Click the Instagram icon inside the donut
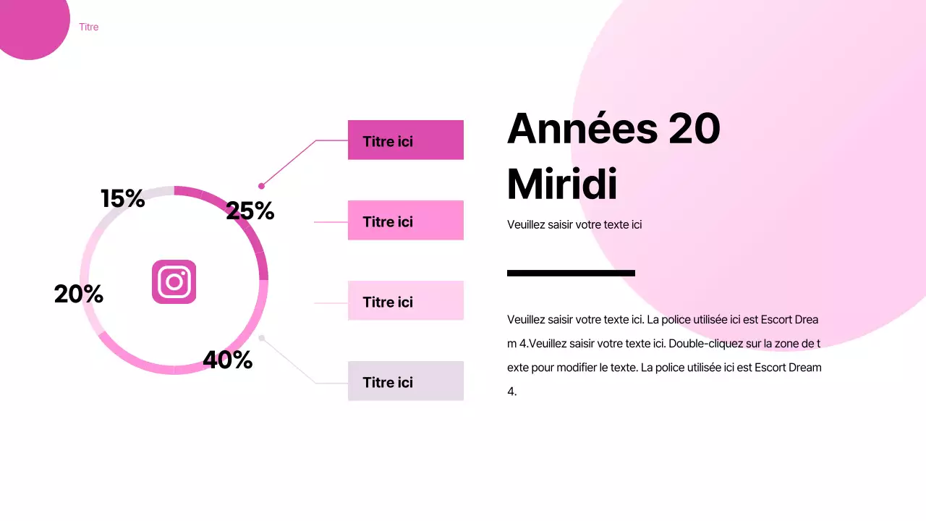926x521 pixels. click(x=174, y=281)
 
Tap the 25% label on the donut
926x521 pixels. click(x=250, y=211)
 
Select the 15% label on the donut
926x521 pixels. click(x=123, y=198)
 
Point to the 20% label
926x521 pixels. click(x=79, y=294)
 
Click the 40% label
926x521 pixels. click(x=227, y=360)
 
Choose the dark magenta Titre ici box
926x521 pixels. click(x=405, y=140)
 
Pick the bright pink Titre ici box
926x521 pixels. click(x=405, y=220)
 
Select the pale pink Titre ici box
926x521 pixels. click(x=405, y=300)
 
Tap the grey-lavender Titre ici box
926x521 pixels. click(x=405, y=381)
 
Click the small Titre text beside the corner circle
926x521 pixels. click(x=89, y=27)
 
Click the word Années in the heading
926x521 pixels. click(x=582, y=129)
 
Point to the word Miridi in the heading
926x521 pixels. click(x=562, y=185)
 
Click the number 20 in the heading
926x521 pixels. click(x=694, y=129)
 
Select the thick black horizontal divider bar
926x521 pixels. click(x=571, y=273)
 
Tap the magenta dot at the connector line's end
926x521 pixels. click(x=261, y=186)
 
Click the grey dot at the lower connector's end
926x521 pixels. click(x=261, y=338)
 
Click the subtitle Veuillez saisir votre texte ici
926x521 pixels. click(x=574, y=224)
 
